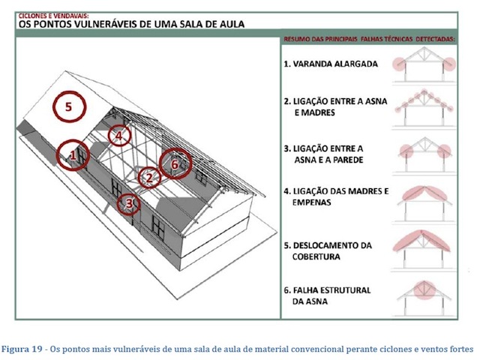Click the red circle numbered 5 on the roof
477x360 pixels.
(x=68, y=107)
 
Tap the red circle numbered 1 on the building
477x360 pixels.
(x=73, y=155)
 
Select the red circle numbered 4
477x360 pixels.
(x=118, y=136)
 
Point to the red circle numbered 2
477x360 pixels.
(x=149, y=178)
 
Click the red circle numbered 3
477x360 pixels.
(x=129, y=202)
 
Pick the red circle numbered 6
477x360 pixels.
(x=175, y=163)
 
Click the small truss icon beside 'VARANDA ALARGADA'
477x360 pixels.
(x=425, y=67)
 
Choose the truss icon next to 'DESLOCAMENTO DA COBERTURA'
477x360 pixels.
(x=425, y=248)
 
